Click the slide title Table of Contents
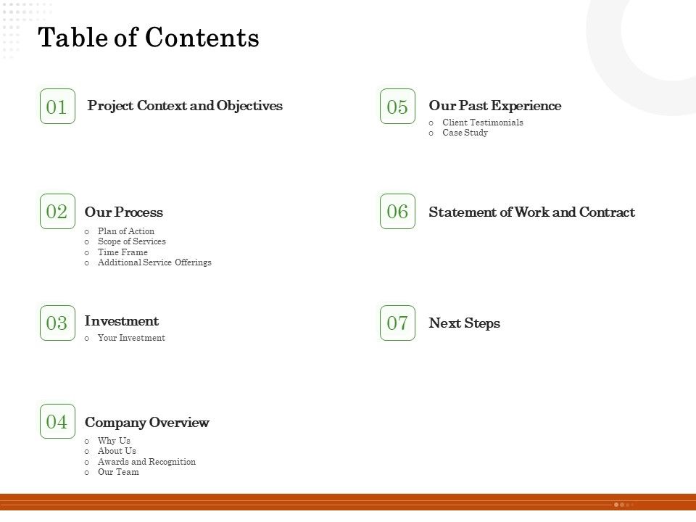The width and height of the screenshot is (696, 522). (149, 38)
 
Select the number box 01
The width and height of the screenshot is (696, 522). (57, 107)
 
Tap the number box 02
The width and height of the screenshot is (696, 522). (57, 212)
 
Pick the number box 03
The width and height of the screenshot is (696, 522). (57, 323)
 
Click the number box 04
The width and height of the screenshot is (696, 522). (57, 421)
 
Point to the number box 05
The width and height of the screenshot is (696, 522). (397, 107)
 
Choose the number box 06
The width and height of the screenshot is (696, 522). (397, 212)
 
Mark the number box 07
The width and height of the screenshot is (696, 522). (397, 323)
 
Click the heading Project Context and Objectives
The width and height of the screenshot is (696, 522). (185, 106)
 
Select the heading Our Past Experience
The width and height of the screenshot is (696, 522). (495, 106)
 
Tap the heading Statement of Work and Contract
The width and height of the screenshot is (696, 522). (531, 212)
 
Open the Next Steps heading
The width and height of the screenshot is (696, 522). (465, 323)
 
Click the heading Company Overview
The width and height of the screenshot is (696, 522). (147, 423)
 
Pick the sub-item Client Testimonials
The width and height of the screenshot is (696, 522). (483, 123)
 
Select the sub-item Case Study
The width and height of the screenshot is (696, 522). (465, 133)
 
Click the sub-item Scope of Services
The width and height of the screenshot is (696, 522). (132, 241)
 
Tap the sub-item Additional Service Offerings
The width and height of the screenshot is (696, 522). (154, 262)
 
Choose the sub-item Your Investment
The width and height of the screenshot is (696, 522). (131, 338)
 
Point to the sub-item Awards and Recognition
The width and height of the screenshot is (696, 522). (146, 462)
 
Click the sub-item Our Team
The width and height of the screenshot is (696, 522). (118, 472)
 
